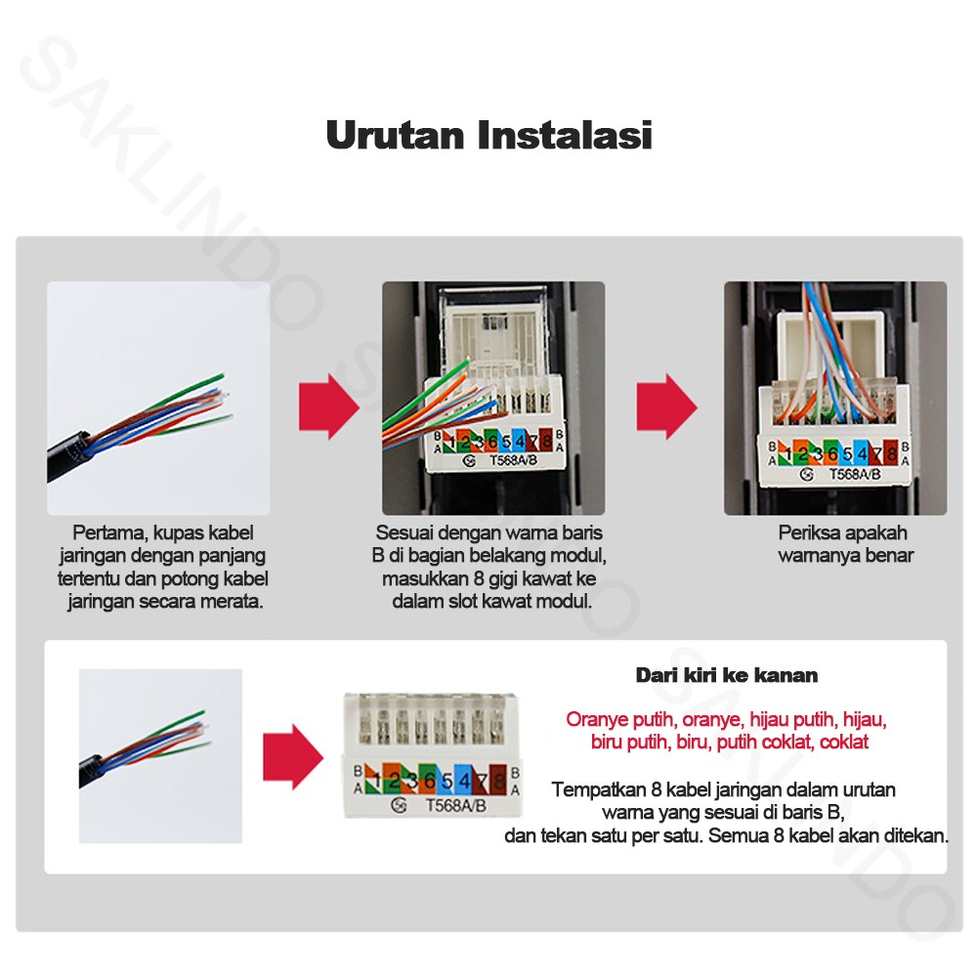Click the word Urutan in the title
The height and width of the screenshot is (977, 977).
(395, 135)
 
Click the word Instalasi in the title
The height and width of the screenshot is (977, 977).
(565, 135)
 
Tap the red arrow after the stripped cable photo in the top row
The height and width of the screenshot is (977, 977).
(329, 406)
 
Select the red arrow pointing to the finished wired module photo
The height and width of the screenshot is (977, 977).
(666, 406)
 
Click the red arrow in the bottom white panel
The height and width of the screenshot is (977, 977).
(293, 757)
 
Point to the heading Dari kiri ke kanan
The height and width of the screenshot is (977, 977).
(727, 675)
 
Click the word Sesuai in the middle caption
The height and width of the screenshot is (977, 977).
(404, 533)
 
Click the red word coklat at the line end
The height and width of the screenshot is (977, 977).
(844, 743)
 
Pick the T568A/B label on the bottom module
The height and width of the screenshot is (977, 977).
(455, 806)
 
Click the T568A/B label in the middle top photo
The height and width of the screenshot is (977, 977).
(514, 460)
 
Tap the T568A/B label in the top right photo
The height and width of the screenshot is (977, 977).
(855, 474)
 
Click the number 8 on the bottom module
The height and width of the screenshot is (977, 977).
(498, 781)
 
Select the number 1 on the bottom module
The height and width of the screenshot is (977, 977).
(377, 780)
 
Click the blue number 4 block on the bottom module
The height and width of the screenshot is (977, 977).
(464, 780)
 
